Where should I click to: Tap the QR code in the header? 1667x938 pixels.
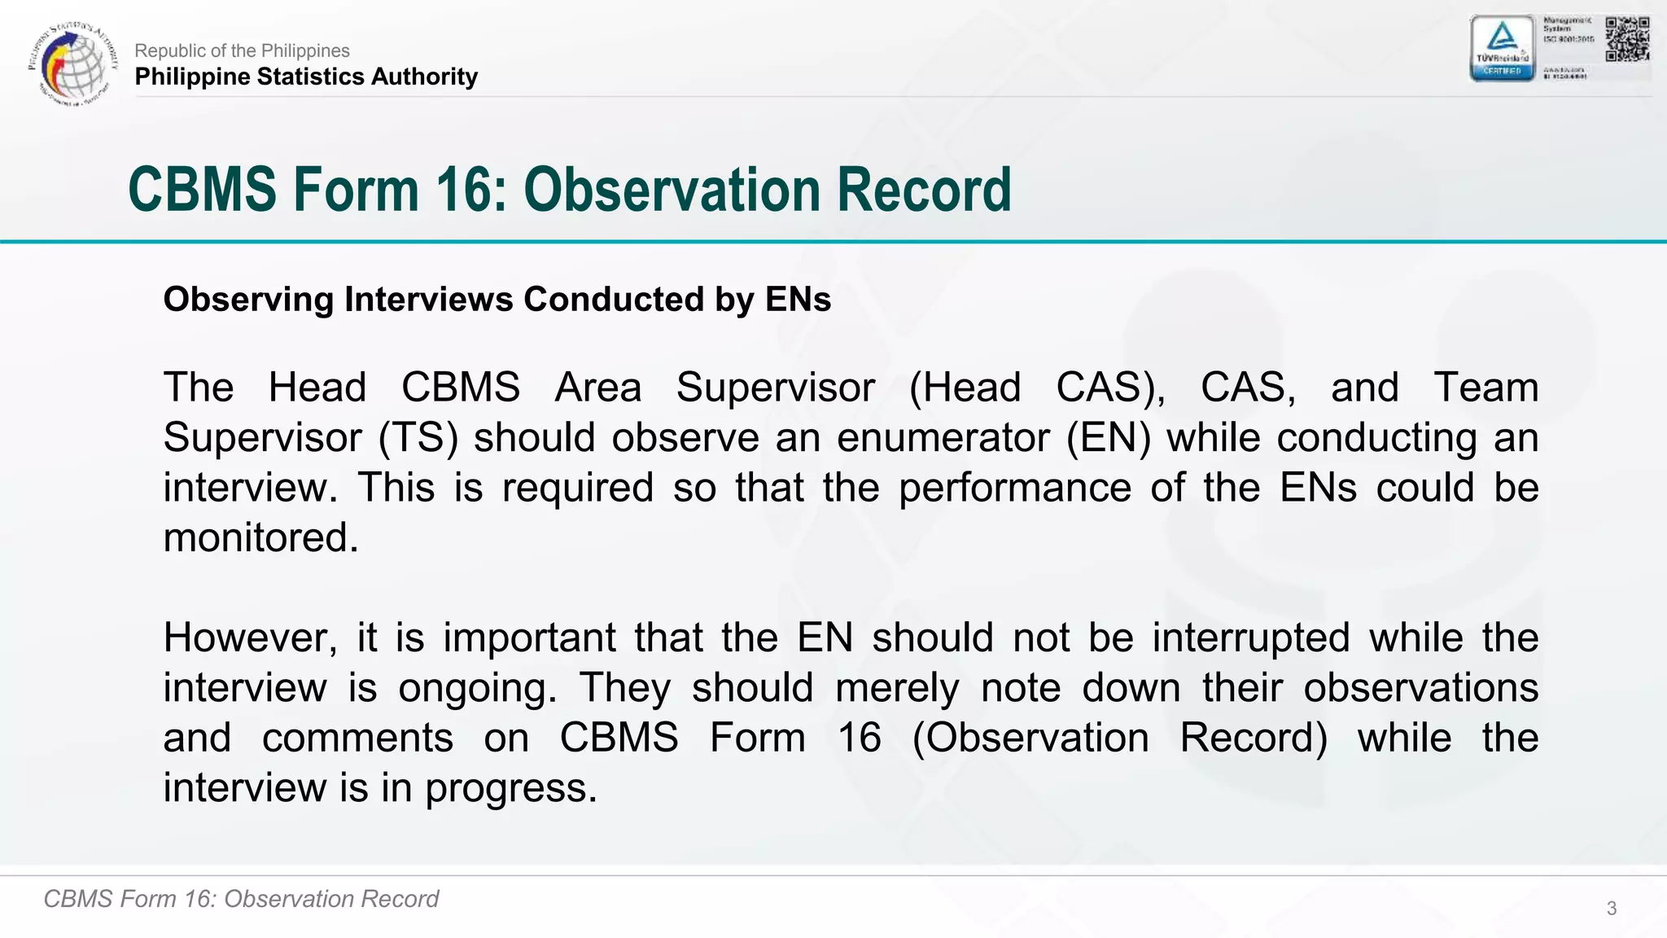1627,39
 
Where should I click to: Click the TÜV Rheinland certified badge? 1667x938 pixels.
1502,48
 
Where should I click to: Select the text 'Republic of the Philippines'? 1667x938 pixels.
242,50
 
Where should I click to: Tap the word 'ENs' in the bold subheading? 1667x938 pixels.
798,300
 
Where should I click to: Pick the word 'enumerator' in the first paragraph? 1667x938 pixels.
943,438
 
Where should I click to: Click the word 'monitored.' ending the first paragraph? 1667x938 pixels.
260,538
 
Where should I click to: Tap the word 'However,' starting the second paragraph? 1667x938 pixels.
250,638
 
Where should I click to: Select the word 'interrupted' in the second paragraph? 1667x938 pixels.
1251,638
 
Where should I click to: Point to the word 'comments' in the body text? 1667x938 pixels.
357,739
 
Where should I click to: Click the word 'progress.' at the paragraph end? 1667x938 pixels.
511,788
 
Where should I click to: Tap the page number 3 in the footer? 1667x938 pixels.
1611,909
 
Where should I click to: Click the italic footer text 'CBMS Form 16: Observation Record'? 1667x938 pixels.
241,899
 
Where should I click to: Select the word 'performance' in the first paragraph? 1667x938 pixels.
1015,489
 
